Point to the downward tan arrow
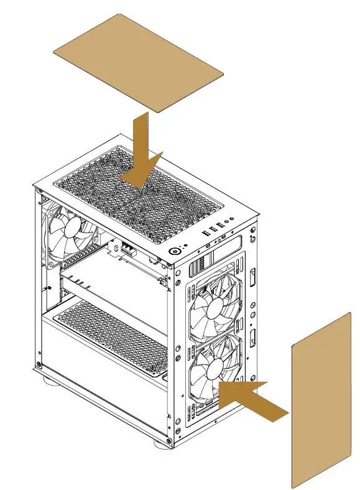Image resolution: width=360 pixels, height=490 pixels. click(142, 155)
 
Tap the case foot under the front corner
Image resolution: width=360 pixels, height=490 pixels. click(164, 442)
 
